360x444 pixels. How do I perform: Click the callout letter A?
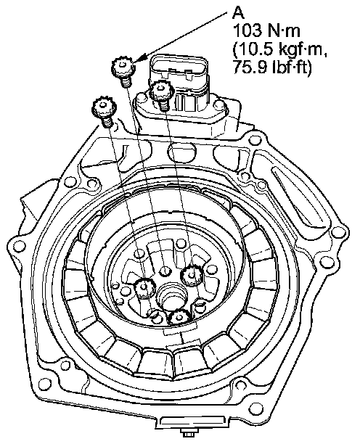pos(239,13)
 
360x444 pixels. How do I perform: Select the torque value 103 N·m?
pos(266,31)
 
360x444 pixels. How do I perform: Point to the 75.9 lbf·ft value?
pos(272,67)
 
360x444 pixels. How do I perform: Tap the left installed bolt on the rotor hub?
pos(144,288)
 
